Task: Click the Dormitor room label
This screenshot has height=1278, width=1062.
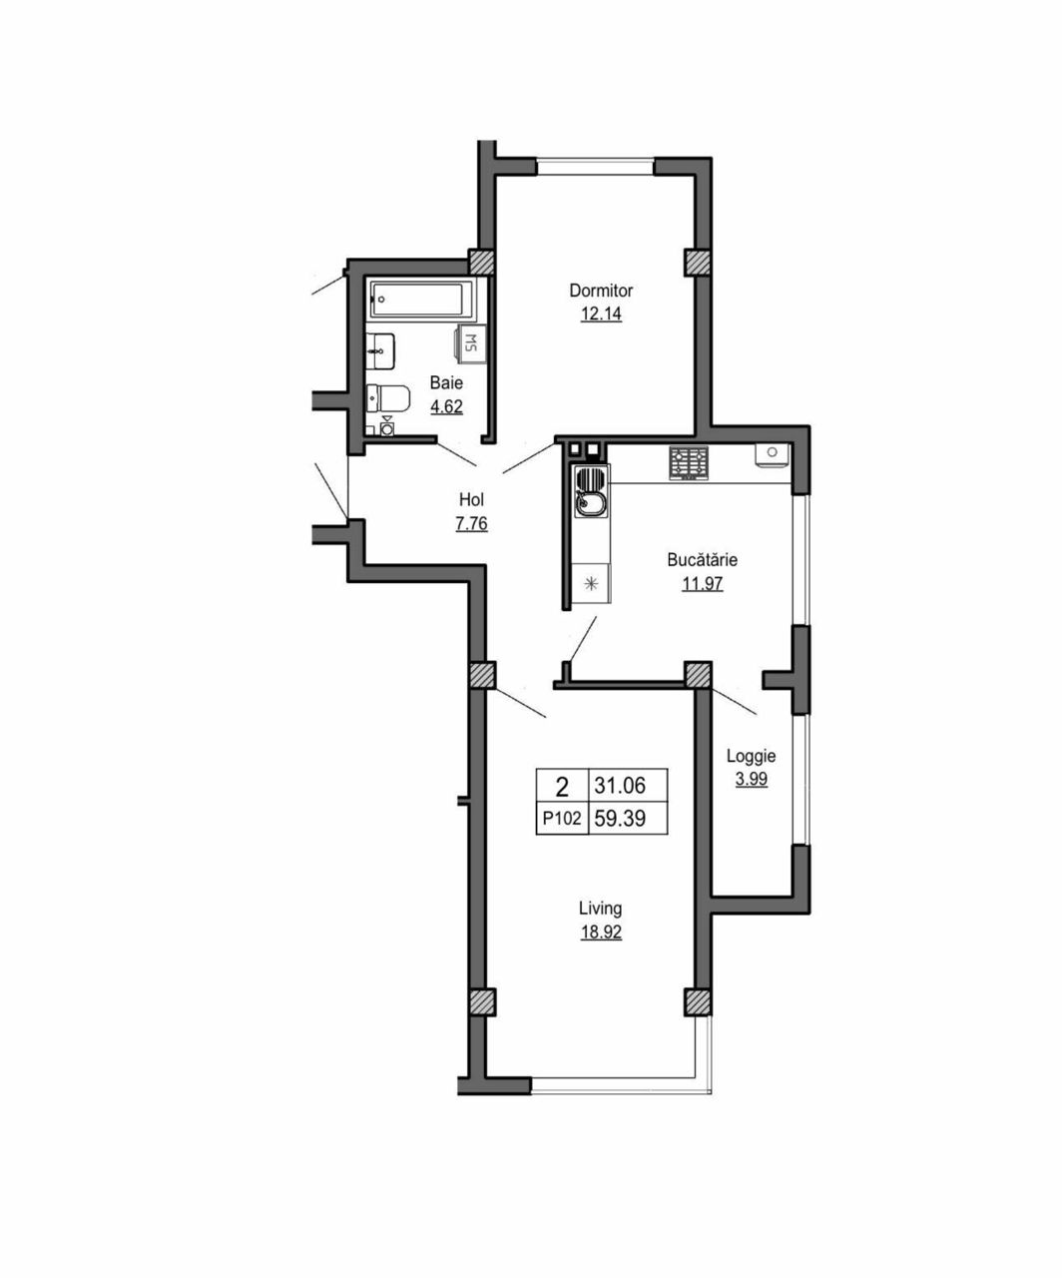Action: [x=601, y=291]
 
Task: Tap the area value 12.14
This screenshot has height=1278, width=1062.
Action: [x=601, y=314]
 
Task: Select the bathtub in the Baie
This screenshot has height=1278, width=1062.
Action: [x=421, y=300]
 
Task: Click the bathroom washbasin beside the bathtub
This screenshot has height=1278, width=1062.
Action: [x=380, y=350]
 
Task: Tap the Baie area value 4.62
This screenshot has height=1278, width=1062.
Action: [x=446, y=407]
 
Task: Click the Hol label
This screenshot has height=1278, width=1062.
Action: [x=471, y=500]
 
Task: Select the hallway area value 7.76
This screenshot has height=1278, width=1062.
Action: [x=471, y=524]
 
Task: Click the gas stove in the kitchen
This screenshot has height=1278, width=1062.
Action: [x=689, y=462]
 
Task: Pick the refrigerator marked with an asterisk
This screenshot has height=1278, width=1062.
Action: [x=591, y=583]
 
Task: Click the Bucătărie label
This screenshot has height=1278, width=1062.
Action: [x=703, y=559]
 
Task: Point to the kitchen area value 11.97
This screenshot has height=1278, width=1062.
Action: [x=703, y=583]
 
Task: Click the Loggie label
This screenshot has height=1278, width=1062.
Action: [x=751, y=757]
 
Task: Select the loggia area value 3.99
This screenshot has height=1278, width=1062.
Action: [x=751, y=779]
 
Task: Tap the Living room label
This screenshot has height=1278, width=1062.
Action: [x=601, y=909]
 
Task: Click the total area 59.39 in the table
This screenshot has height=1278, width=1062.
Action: [x=620, y=818]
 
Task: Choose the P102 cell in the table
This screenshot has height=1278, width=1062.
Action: [x=562, y=818]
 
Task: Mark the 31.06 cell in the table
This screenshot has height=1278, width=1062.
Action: [x=620, y=786]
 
